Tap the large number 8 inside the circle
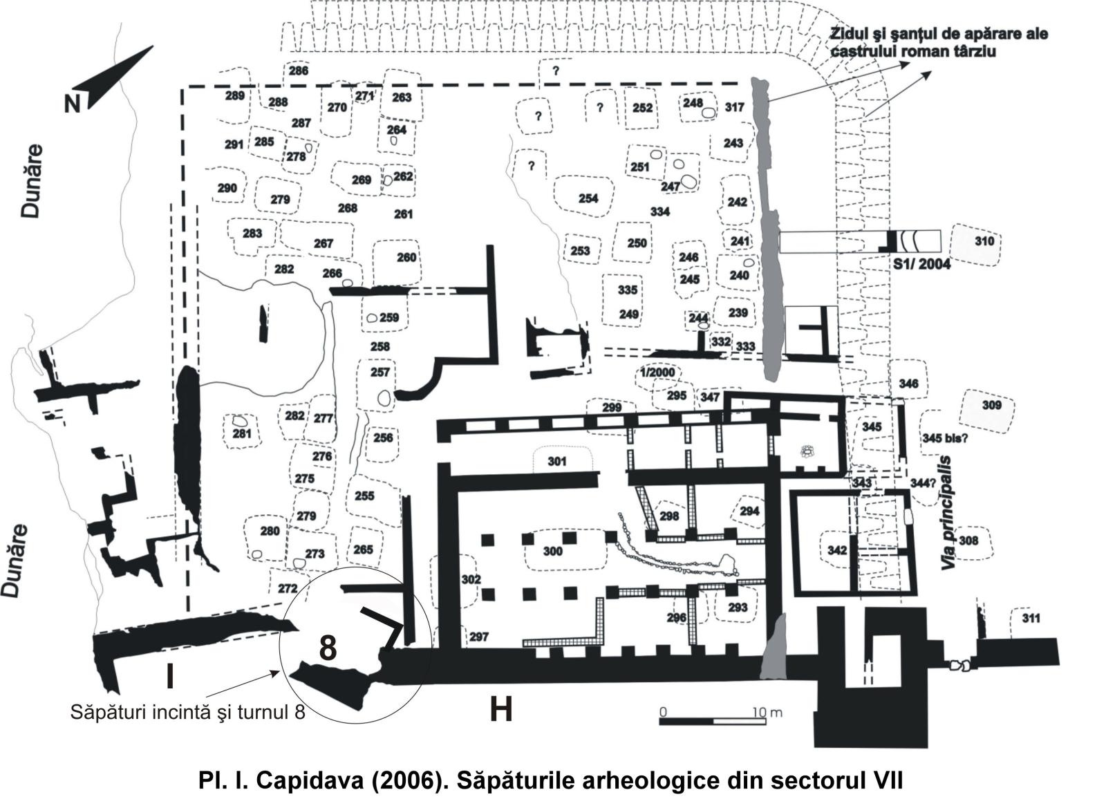tap(328, 648)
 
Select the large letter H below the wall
tap(500, 709)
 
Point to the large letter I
tap(169, 676)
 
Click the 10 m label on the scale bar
tap(767, 712)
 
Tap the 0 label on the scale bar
tap(662, 712)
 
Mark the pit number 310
tap(984, 241)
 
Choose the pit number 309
tap(991, 404)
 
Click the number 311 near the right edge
tap(1030, 618)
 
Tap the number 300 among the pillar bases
tap(552, 552)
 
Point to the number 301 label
tap(557, 461)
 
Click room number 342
tap(837, 550)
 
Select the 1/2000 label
tap(657, 373)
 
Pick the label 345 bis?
tap(944, 438)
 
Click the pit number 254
tap(588, 198)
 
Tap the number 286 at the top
tap(299, 70)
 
